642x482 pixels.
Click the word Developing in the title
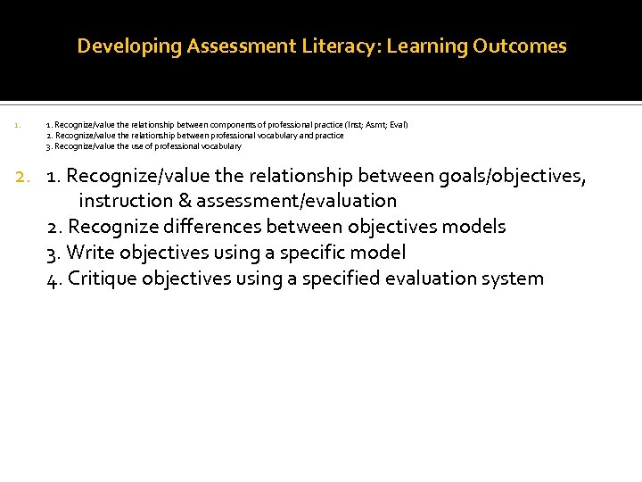(x=129, y=46)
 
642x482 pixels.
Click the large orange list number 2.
(x=24, y=176)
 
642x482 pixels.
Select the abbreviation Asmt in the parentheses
(x=374, y=125)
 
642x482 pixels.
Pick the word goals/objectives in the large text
(x=510, y=176)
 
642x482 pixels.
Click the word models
(x=476, y=227)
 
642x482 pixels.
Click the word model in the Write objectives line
(x=379, y=253)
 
